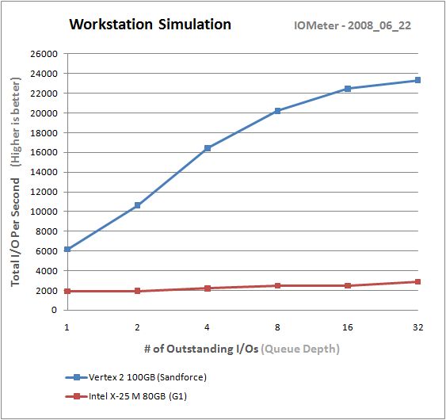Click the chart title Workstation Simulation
[x=151, y=24]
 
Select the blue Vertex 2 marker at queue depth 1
[x=68, y=250]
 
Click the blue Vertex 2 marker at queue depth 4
[x=208, y=148]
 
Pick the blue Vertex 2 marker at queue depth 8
[x=277, y=111]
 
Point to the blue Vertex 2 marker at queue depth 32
[x=417, y=80]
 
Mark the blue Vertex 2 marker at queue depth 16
[x=347, y=89]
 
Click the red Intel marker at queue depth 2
[x=138, y=291]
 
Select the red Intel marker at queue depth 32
[x=417, y=281]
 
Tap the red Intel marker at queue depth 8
[x=277, y=285]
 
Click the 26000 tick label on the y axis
[x=44, y=54]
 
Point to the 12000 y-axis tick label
[x=44, y=192]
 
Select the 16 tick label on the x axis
[x=347, y=326]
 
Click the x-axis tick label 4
[x=208, y=326]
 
